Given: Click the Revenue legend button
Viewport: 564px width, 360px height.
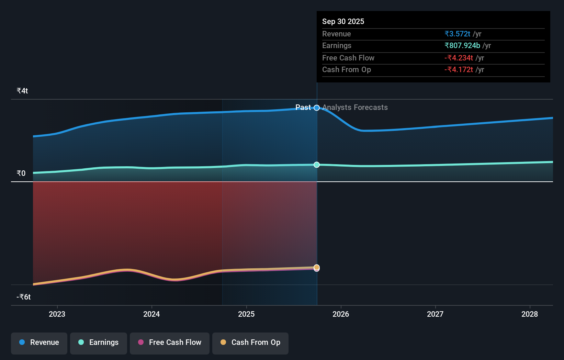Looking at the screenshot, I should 39,342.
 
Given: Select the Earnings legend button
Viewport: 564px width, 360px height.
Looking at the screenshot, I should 99,342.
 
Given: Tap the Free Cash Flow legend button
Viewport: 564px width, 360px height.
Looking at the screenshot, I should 170,342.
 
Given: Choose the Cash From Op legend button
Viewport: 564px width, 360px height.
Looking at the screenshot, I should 250,342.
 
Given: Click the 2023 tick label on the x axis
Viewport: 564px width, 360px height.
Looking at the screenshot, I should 57,314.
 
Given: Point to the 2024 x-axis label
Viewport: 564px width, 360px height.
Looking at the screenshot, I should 151,314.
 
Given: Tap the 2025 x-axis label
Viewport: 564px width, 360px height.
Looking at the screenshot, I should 246,314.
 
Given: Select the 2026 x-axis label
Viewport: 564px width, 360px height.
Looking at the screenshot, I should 341,314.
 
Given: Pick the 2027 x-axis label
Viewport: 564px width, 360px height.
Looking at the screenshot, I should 435,314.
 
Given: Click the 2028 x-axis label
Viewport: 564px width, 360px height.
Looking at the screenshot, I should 530,314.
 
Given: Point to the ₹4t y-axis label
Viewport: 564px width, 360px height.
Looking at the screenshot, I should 22,91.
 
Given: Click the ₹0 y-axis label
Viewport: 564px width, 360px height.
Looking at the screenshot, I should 21,173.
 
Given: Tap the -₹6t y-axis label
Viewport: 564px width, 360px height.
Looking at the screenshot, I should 24,297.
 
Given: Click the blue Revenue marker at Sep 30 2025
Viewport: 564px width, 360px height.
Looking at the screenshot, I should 317,108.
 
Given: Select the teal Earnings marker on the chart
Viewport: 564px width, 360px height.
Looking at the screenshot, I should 317,165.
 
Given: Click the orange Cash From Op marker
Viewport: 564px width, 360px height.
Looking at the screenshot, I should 317,267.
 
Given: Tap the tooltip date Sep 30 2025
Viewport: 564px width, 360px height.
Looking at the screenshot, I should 343,21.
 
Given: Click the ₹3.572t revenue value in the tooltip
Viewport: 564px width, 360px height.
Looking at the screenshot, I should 457,34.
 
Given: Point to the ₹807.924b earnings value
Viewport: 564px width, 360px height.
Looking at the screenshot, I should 462,45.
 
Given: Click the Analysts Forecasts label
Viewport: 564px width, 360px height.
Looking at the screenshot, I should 355,108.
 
